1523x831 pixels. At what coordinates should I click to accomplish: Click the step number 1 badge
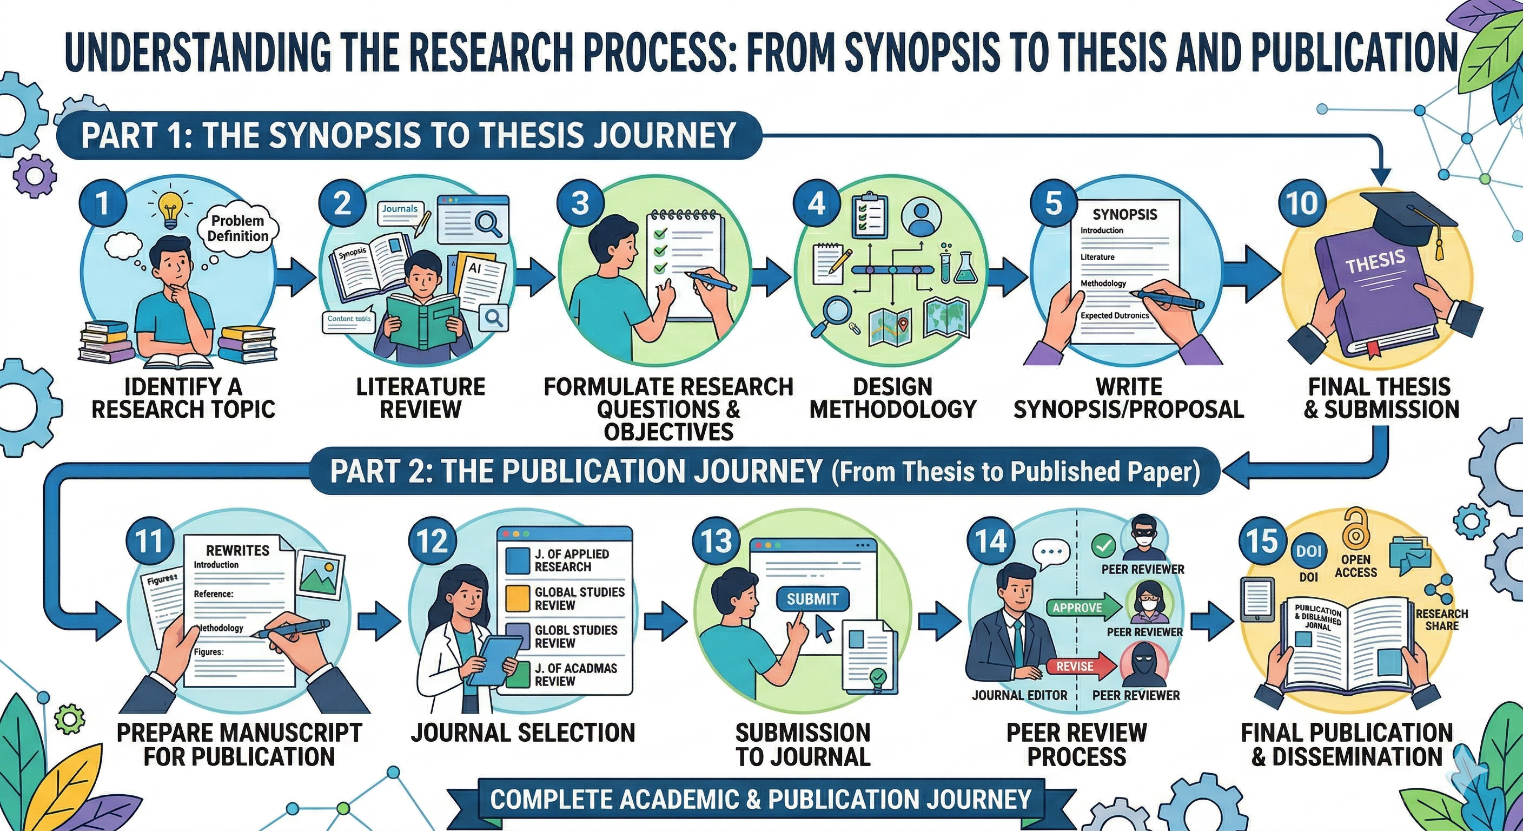(x=102, y=203)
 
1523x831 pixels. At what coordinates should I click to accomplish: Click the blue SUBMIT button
(x=812, y=598)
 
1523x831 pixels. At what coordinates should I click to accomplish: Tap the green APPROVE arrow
(x=1084, y=608)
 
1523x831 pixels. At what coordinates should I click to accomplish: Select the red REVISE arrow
(x=1082, y=666)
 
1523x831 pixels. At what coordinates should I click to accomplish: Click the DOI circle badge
(x=1308, y=551)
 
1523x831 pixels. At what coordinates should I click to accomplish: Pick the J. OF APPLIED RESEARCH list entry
(x=565, y=560)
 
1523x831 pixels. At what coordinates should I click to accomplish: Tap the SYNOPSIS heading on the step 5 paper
(x=1124, y=214)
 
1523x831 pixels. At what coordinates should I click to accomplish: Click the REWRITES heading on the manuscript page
(x=237, y=550)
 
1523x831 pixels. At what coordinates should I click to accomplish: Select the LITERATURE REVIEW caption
(x=420, y=398)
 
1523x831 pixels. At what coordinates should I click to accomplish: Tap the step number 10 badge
(x=1301, y=203)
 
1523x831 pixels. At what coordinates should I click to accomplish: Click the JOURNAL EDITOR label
(x=1019, y=695)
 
